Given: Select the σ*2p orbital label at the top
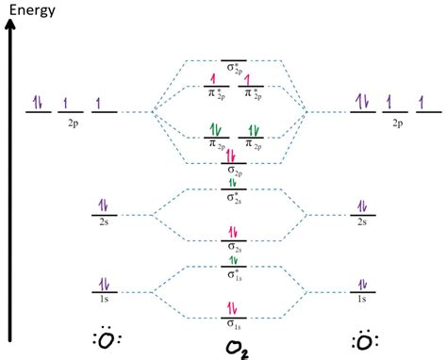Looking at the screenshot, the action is pos(232,69).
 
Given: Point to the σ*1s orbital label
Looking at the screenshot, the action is pos(232,274).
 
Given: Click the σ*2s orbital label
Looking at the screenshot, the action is pos(232,199).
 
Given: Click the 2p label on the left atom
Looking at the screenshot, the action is pos(72,123).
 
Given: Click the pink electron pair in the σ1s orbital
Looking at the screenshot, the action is pos(232,308).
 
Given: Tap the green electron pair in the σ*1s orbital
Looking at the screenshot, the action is pos(232,259).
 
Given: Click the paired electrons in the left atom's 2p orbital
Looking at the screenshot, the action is pos(38,103).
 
